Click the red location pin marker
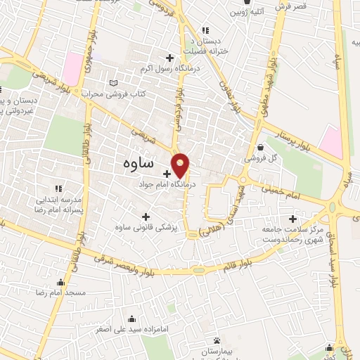click(x=181, y=165)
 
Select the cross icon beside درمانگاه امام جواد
click(x=167, y=174)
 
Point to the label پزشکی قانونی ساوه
click(x=146, y=229)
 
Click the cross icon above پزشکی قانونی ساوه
click(x=146, y=217)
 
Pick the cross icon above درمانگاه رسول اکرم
click(x=169, y=57)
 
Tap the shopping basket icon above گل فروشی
click(x=262, y=148)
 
